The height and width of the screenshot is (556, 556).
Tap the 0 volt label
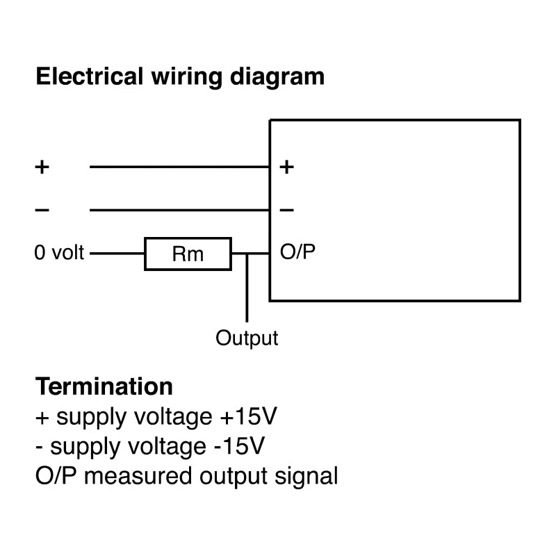tap(59, 253)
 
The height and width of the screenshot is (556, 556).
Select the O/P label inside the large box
tap(297, 252)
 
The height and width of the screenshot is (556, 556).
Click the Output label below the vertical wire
tap(247, 338)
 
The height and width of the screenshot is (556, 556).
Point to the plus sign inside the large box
tap(286, 167)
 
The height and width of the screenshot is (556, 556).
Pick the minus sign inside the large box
tap(286, 211)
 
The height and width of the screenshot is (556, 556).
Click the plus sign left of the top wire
tap(42, 167)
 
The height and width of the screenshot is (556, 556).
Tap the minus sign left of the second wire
tap(42, 211)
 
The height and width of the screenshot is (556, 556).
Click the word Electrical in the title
tap(90, 76)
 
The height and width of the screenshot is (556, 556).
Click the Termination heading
tap(104, 386)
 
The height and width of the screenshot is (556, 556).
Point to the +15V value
tap(248, 416)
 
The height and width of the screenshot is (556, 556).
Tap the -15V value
tap(239, 446)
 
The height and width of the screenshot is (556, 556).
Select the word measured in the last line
tap(138, 476)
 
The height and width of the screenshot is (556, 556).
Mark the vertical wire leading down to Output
tap(247, 288)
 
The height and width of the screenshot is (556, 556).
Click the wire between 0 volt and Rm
tap(117, 254)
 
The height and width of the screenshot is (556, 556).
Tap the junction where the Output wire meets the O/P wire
tap(247, 254)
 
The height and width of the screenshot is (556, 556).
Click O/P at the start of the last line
tap(56, 476)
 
